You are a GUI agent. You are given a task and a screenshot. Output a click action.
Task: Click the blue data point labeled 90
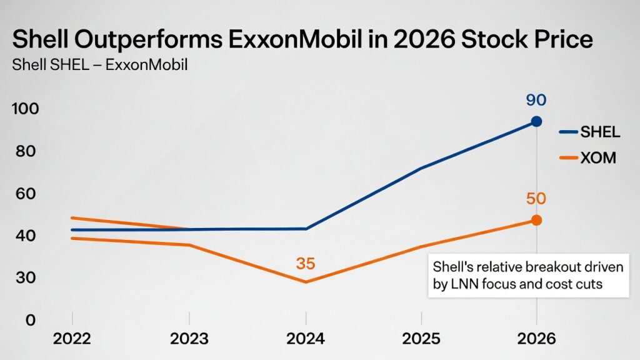click(536, 121)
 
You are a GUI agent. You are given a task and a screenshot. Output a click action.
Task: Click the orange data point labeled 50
click(536, 220)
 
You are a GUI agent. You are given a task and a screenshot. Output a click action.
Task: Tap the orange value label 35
click(306, 263)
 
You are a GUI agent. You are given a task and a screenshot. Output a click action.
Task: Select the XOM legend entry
click(597, 158)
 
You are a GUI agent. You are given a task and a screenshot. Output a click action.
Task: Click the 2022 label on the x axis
click(72, 339)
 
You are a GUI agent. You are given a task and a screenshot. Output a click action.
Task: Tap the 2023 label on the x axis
click(189, 339)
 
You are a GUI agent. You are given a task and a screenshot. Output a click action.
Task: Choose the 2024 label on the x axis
click(306, 339)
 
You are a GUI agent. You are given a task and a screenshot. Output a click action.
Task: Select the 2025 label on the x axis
click(421, 339)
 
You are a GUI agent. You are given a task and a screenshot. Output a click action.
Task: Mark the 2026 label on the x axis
click(536, 339)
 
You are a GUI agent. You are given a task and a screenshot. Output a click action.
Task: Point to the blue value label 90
click(536, 101)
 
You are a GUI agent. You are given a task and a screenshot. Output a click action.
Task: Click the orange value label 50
click(536, 199)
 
